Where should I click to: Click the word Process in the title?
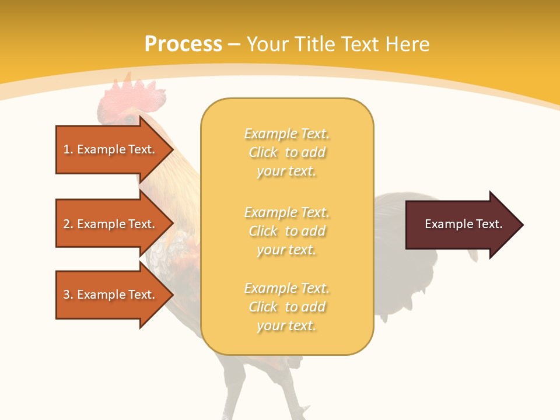[x=183, y=44]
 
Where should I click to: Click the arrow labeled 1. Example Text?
[x=111, y=149]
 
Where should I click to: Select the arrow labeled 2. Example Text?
[x=111, y=224]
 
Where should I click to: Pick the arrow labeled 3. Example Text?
[x=111, y=295]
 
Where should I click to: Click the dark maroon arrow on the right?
[x=461, y=225]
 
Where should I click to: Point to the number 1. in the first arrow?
[x=68, y=149]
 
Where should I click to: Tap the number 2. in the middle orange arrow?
[x=68, y=224]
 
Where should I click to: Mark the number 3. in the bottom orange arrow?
[x=68, y=295]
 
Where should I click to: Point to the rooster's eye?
[x=129, y=120]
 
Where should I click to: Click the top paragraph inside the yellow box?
[x=286, y=152]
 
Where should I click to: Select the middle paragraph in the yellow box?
[x=286, y=231]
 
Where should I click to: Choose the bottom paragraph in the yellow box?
[x=286, y=307]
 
